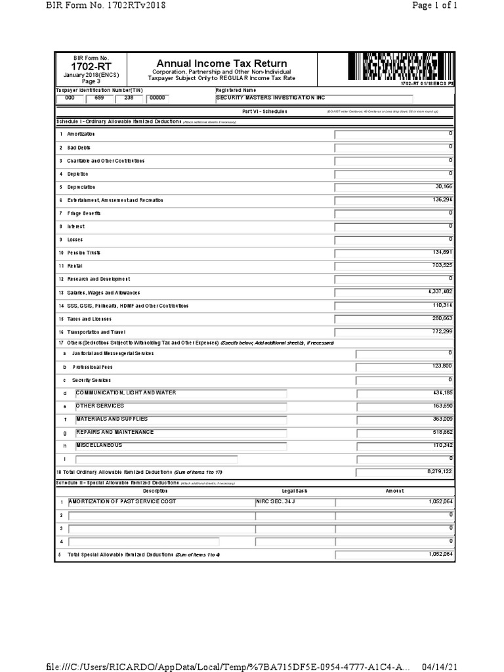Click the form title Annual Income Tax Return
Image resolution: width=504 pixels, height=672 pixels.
pyautogui.click(x=221, y=63)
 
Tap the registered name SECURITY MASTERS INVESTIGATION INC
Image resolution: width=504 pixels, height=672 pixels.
pyautogui.click(x=270, y=97)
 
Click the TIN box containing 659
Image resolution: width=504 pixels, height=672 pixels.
pyautogui.click(x=98, y=98)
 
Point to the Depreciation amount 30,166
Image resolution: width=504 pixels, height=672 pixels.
pyautogui.click(x=444, y=186)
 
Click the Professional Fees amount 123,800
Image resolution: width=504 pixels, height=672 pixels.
pyautogui.click(x=442, y=366)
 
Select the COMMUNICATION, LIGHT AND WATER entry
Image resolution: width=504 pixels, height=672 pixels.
pyautogui.click(x=126, y=392)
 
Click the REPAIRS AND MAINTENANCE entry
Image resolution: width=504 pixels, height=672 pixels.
pyautogui.click(x=115, y=432)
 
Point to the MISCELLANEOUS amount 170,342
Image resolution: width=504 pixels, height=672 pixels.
pyautogui.click(x=442, y=445)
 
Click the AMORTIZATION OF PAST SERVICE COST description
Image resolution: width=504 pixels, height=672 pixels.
pyautogui.click(x=123, y=501)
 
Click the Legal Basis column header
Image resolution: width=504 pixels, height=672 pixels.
pyautogui.click(x=294, y=491)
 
